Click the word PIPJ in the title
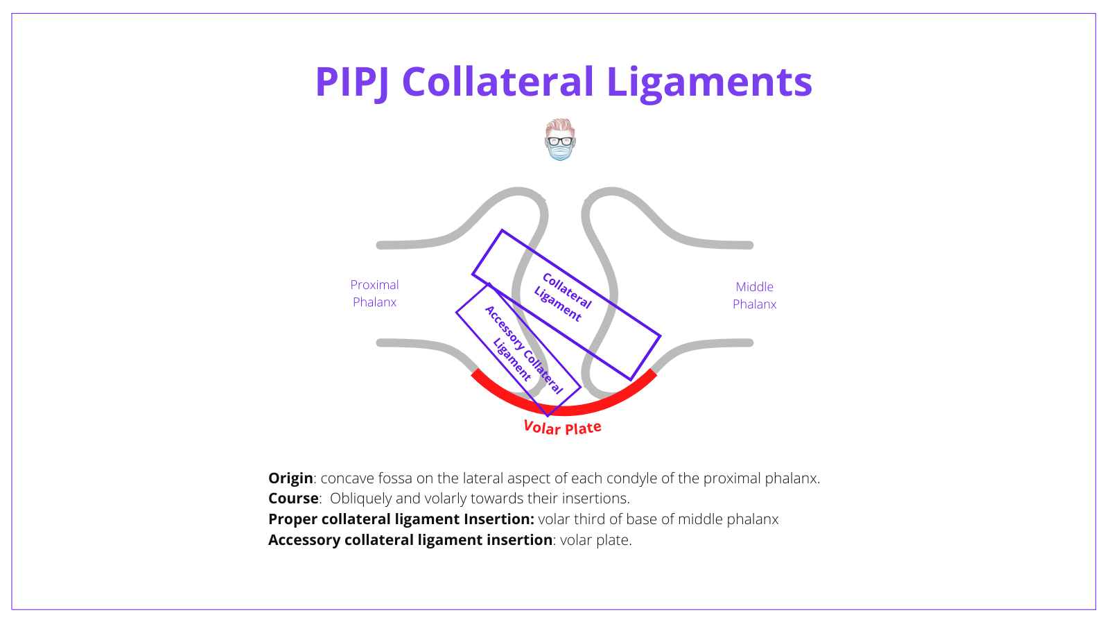pyautogui.click(x=351, y=82)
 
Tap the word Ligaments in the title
pyautogui.click(x=708, y=82)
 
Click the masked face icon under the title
pyautogui.click(x=560, y=140)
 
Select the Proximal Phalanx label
pyautogui.click(x=374, y=293)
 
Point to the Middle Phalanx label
pyautogui.click(x=754, y=295)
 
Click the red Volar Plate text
pyautogui.click(x=562, y=428)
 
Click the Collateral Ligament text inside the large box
pyautogui.click(x=563, y=297)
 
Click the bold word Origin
pyautogui.click(x=290, y=478)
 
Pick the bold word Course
pyautogui.click(x=293, y=499)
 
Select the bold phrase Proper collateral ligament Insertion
pyautogui.click(x=401, y=519)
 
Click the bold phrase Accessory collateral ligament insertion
pyautogui.click(x=410, y=540)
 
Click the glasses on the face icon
pyautogui.click(x=560, y=141)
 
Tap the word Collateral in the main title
pyautogui.click(x=498, y=82)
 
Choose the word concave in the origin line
pyautogui.click(x=344, y=478)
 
